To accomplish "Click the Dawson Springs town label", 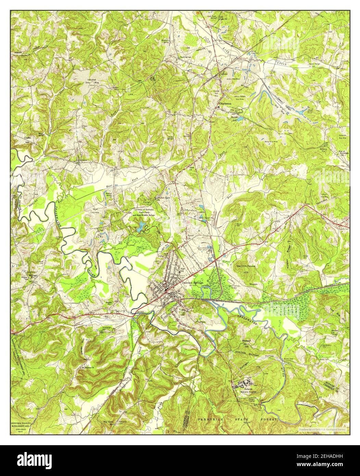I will [x=192, y=283].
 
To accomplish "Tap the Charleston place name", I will [x=226, y=103].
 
